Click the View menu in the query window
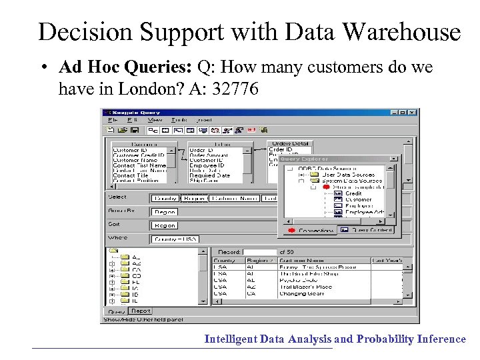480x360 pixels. point(155,120)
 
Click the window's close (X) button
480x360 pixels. point(413,112)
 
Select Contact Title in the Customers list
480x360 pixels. point(130,175)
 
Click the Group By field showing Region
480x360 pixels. point(163,211)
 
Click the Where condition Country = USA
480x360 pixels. point(173,239)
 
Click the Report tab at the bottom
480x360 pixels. point(141,311)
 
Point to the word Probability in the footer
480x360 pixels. point(385,339)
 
